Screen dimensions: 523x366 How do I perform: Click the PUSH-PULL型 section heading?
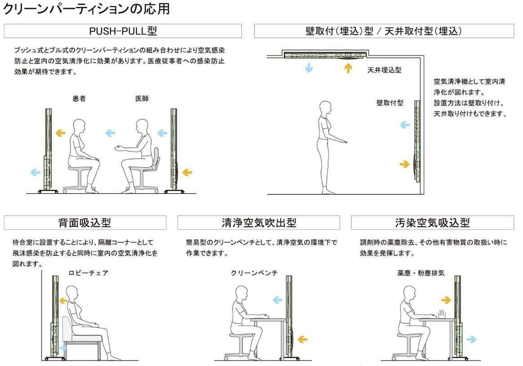click(x=123, y=31)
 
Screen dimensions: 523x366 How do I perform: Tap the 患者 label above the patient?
click(x=80, y=99)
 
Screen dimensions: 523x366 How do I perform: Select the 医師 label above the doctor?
click(x=142, y=99)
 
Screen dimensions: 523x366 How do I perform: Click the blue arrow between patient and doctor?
click(x=111, y=133)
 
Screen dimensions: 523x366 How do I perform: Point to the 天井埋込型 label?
click(x=384, y=70)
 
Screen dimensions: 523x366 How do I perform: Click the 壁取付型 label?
click(x=390, y=103)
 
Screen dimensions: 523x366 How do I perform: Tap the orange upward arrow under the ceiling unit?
click(x=348, y=68)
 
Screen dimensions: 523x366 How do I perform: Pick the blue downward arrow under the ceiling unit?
click(x=309, y=68)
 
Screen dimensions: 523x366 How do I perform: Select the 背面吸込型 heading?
click(x=85, y=222)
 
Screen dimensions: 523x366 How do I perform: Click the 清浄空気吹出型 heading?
click(x=259, y=222)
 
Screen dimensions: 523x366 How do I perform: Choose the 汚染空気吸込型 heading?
click(x=432, y=222)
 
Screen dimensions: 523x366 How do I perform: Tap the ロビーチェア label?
click(x=89, y=273)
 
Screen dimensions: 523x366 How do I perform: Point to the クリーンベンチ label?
click(x=254, y=273)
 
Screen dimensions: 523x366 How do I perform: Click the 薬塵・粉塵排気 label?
click(x=421, y=273)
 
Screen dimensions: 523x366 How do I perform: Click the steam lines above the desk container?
click(x=442, y=314)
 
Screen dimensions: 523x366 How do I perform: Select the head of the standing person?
click(x=326, y=108)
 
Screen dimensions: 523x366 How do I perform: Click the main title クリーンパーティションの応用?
click(x=86, y=9)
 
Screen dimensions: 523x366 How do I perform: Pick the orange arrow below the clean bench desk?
click(x=302, y=340)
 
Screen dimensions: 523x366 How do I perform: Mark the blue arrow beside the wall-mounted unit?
click(x=405, y=125)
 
